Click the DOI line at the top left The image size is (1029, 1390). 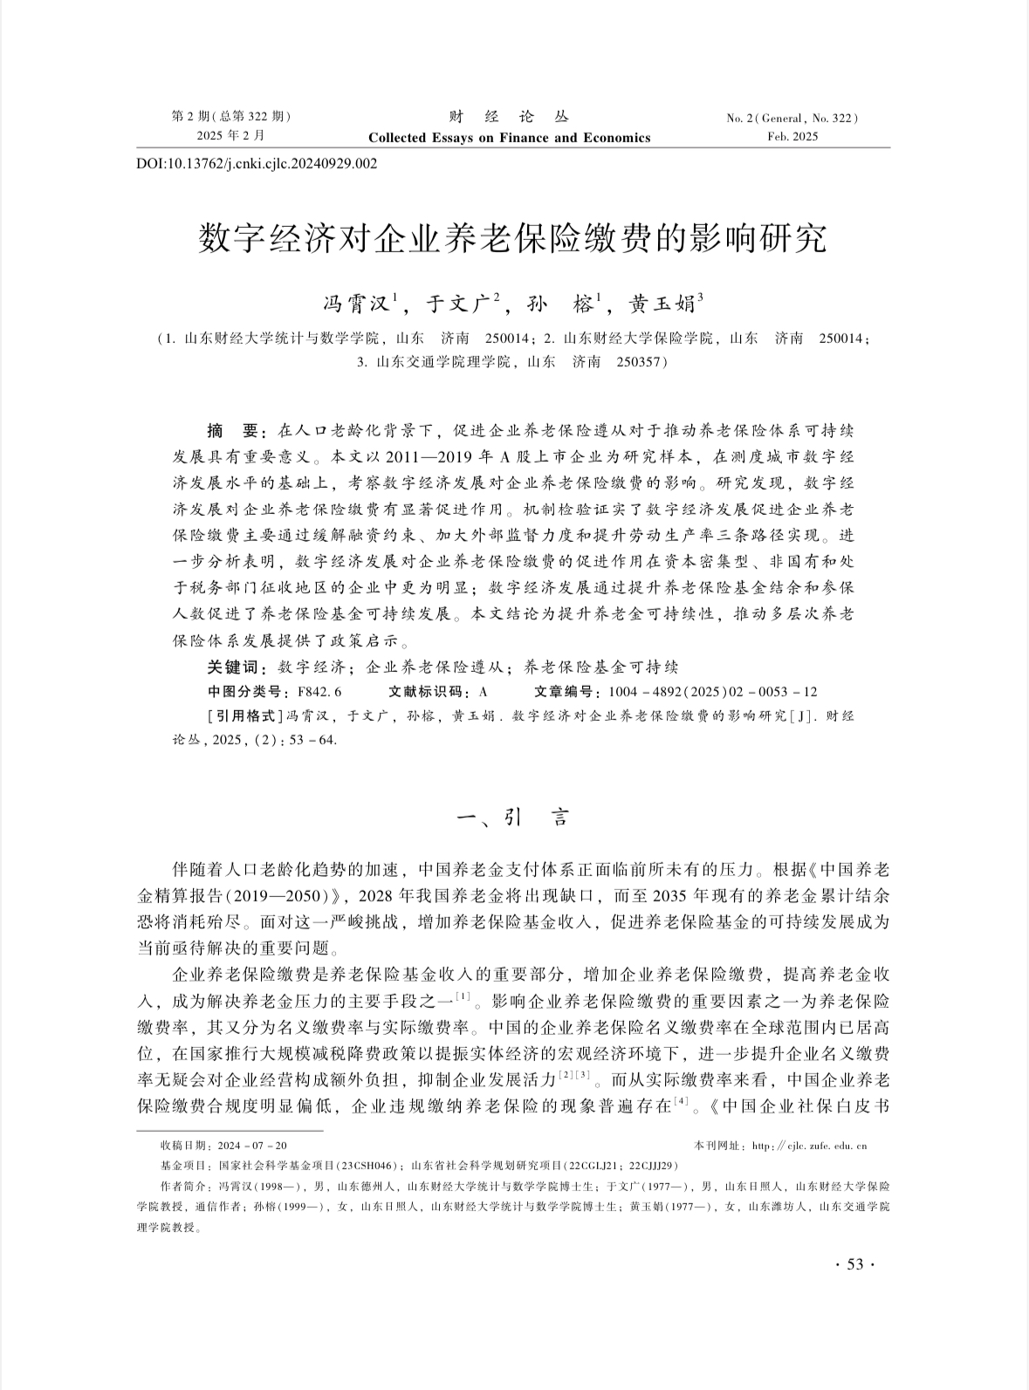(x=257, y=163)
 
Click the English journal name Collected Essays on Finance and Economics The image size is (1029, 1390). (x=509, y=137)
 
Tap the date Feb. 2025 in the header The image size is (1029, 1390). (x=792, y=136)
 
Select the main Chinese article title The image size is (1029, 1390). (x=512, y=237)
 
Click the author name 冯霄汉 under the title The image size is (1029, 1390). (x=358, y=304)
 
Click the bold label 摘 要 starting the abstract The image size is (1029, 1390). (x=232, y=431)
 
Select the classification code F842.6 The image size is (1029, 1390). (x=319, y=692)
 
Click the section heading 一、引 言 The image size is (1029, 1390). (x=513, y=818)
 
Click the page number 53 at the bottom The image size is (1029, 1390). (x=854, y=1264)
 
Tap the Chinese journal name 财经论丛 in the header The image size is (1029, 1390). (x=509, y=117)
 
